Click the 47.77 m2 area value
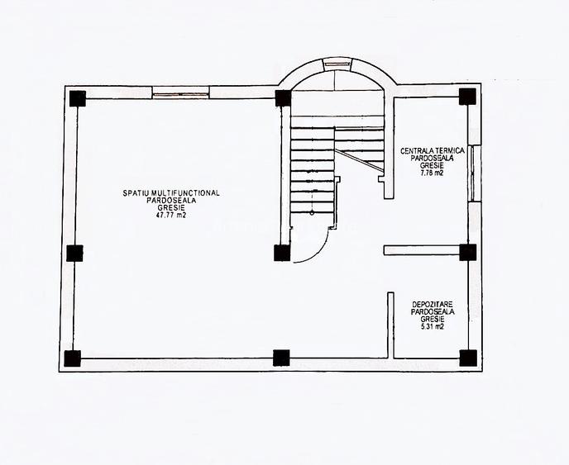coord(171,216)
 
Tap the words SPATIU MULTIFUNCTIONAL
coord(171,193)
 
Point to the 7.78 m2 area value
coord(432,173)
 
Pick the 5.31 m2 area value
coord(433,326)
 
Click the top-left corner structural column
coord(77,98)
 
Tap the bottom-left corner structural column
coord(72,358)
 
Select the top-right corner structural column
coord(467,97)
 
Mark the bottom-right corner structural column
coord(468,358)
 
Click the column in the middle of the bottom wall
coord(281,358)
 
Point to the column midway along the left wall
coord(74,253)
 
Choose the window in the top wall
coord(181,95)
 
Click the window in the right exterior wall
coord(473,173)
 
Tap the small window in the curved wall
coord(337,64)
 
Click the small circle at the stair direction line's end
coord(312,213)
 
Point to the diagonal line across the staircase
coord(359,160)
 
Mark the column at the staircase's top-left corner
coord(283,98)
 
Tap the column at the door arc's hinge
coord(282,253)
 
